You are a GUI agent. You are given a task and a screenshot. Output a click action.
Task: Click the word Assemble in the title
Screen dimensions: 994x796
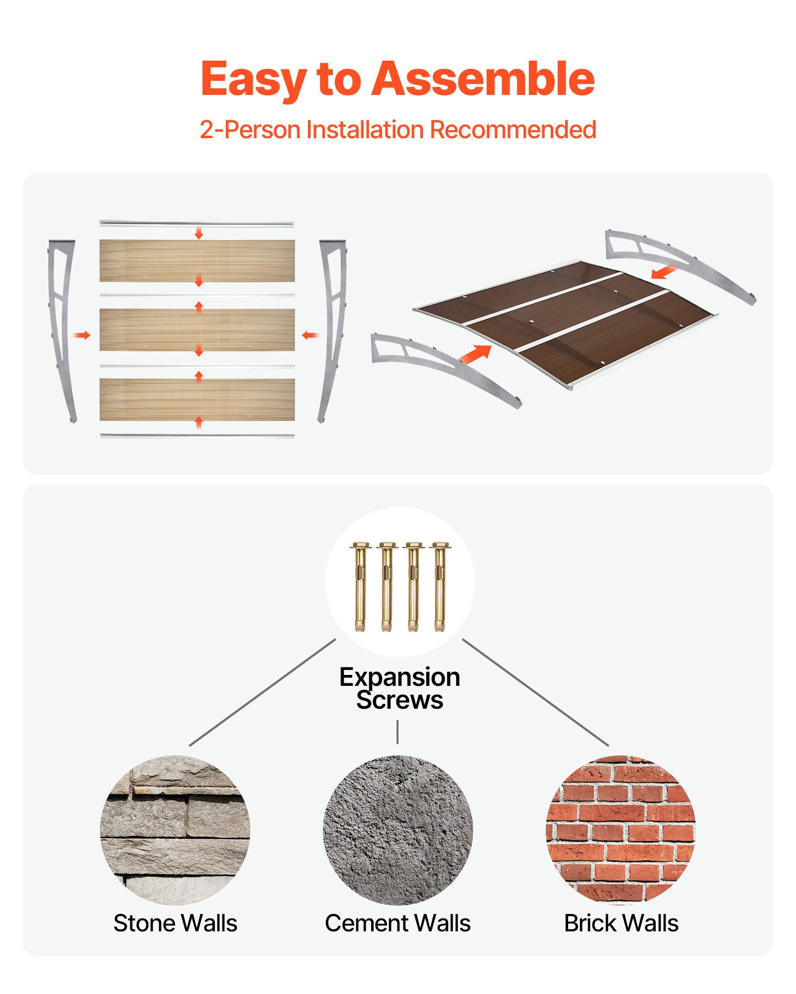pos(483,80)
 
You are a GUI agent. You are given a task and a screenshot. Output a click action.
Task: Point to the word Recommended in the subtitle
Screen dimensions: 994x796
pos(513,130)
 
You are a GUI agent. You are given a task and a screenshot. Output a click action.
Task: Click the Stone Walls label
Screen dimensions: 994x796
pos(175,923)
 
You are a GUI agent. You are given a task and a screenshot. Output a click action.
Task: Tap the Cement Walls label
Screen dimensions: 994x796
pos(398,923)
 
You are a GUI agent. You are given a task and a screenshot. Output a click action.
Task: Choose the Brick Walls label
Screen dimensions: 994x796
pos(621,923)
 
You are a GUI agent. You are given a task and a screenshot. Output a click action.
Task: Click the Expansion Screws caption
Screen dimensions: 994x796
pos(399,688)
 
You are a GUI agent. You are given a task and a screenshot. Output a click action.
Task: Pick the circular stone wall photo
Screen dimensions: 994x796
pos(175,830)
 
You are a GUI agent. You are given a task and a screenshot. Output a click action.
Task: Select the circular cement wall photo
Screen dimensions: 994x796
pos(398,830)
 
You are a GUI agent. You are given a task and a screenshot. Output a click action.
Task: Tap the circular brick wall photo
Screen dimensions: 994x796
pos(621,830)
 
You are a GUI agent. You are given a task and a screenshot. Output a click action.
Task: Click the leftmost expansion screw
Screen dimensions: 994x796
pos(360,586)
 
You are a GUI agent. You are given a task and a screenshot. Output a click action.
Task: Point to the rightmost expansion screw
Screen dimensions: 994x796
pos(439,586)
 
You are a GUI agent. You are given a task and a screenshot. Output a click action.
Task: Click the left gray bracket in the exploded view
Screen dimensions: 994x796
pos(62,328)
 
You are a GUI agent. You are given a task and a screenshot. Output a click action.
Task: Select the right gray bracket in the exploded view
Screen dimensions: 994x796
pos(332,328)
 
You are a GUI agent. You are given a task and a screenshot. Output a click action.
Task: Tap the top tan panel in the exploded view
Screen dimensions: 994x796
pos(197,260)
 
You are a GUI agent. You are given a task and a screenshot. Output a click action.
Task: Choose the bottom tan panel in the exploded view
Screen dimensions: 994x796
pos(197,399)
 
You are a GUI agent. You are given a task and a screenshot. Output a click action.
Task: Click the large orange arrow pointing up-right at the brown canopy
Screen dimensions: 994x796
pos(475,354)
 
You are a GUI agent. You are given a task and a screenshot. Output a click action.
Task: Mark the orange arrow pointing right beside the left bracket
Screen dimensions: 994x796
pos(82,335)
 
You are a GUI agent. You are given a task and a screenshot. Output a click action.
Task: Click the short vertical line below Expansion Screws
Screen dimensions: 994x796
pos(398,732)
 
